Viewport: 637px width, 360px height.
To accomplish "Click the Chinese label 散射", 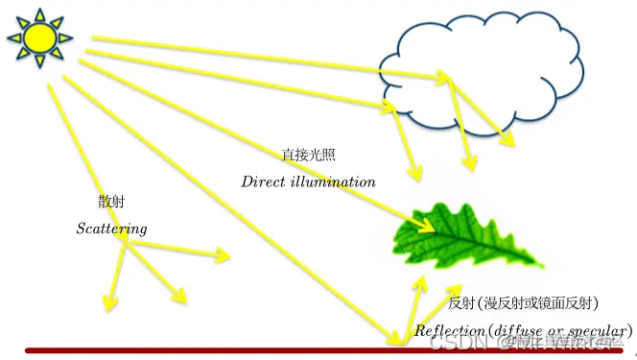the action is click(110, 203).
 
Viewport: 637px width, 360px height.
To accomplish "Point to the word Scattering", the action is click(111, 228).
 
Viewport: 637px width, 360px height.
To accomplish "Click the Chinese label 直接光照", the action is click(308, 154).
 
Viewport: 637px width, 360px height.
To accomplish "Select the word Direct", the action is click(263, 180).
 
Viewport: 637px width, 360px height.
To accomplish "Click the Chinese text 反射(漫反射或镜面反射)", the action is click(524, 303).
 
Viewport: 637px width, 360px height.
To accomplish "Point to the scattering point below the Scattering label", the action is click(126, 245).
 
